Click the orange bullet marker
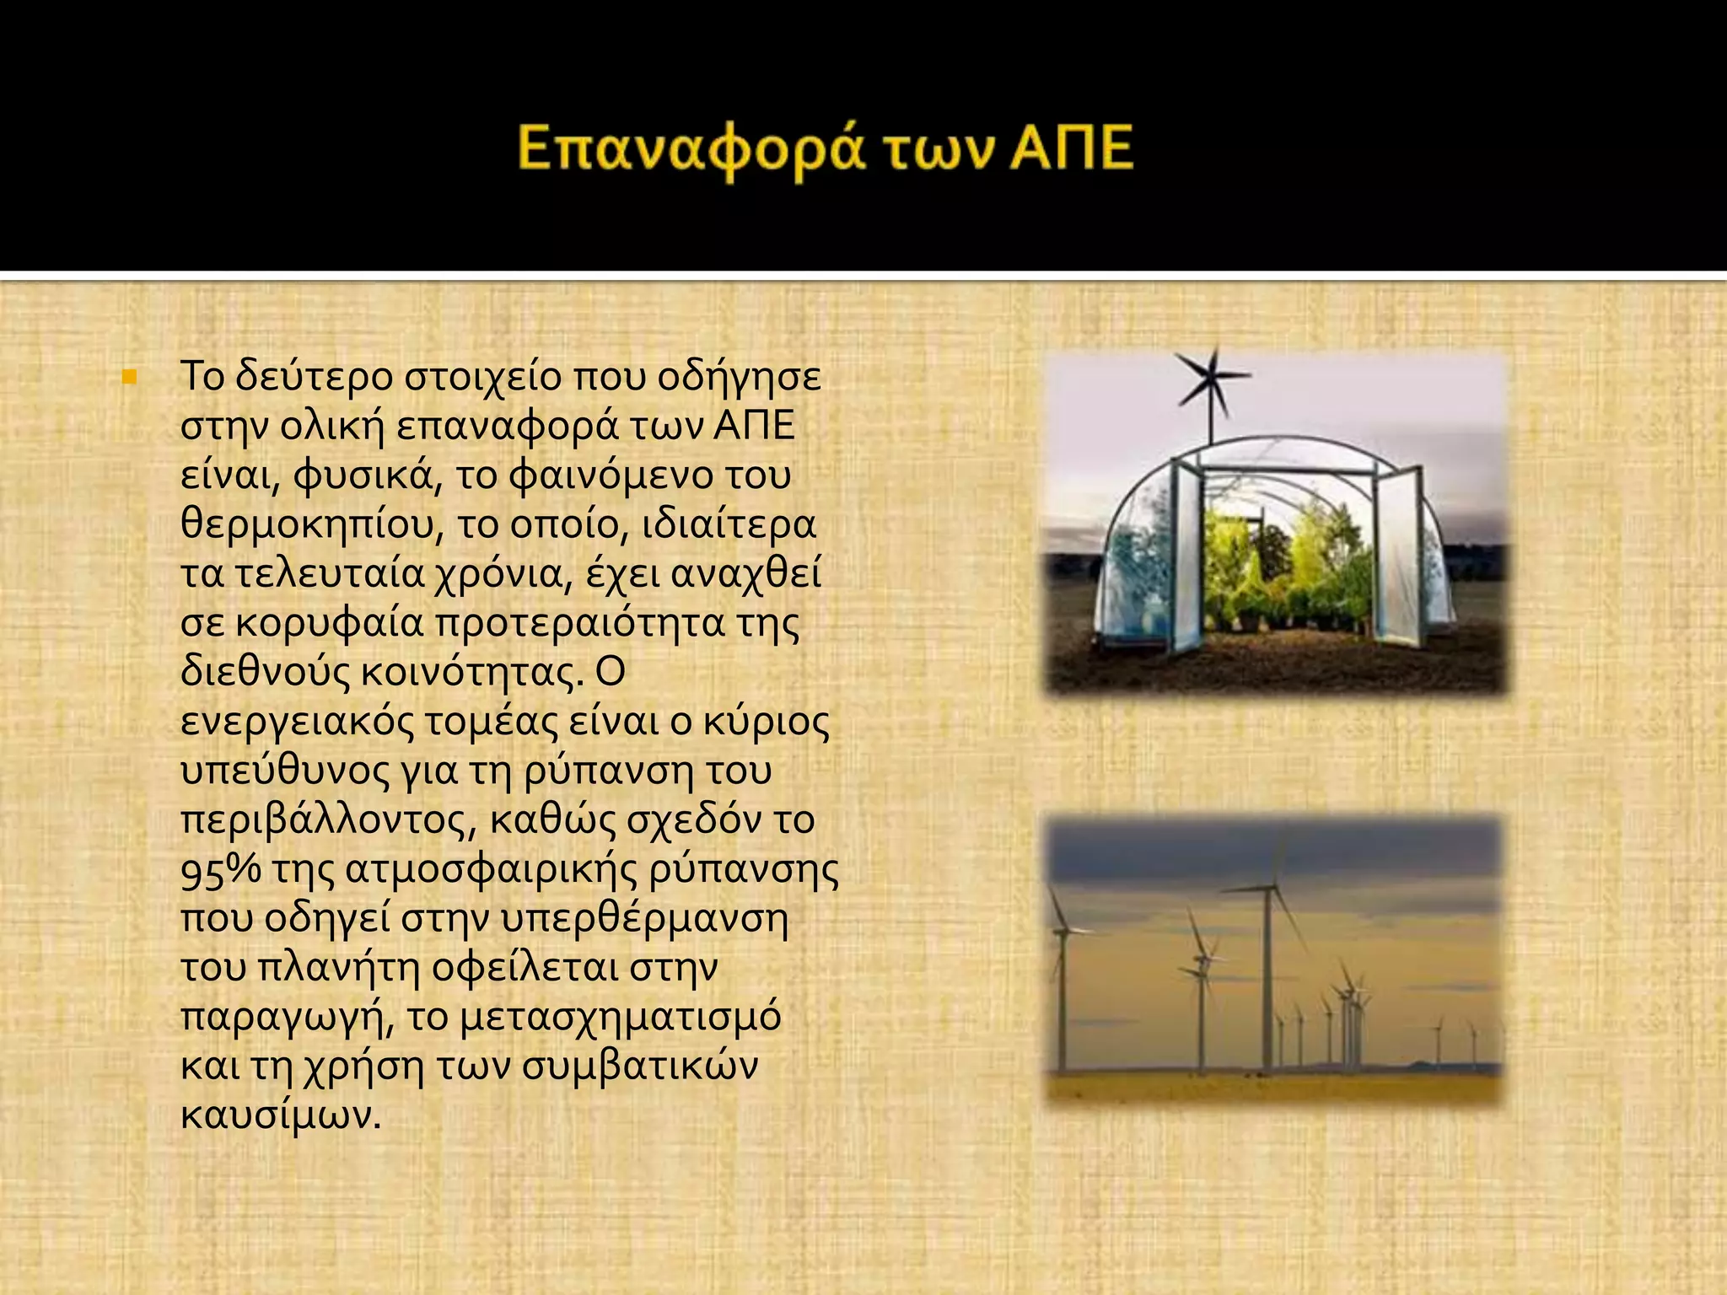pos(129,377)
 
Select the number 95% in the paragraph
pos(221,870)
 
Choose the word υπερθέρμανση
pos(644,919)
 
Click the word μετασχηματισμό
pos(621,1017)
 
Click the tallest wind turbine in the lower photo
pos(1267,970)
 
